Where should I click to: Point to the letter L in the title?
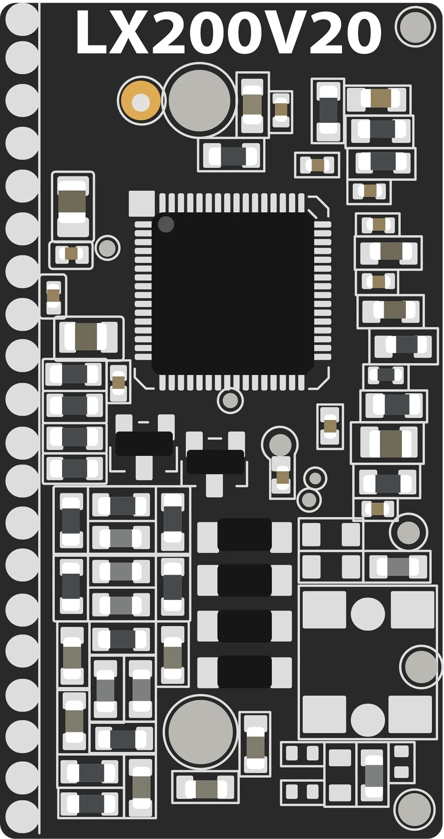91,33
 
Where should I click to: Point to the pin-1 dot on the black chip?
166,225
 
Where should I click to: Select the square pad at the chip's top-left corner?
142,204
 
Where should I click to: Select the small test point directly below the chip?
230,400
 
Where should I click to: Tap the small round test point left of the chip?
107,248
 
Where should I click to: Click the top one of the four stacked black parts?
244,534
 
